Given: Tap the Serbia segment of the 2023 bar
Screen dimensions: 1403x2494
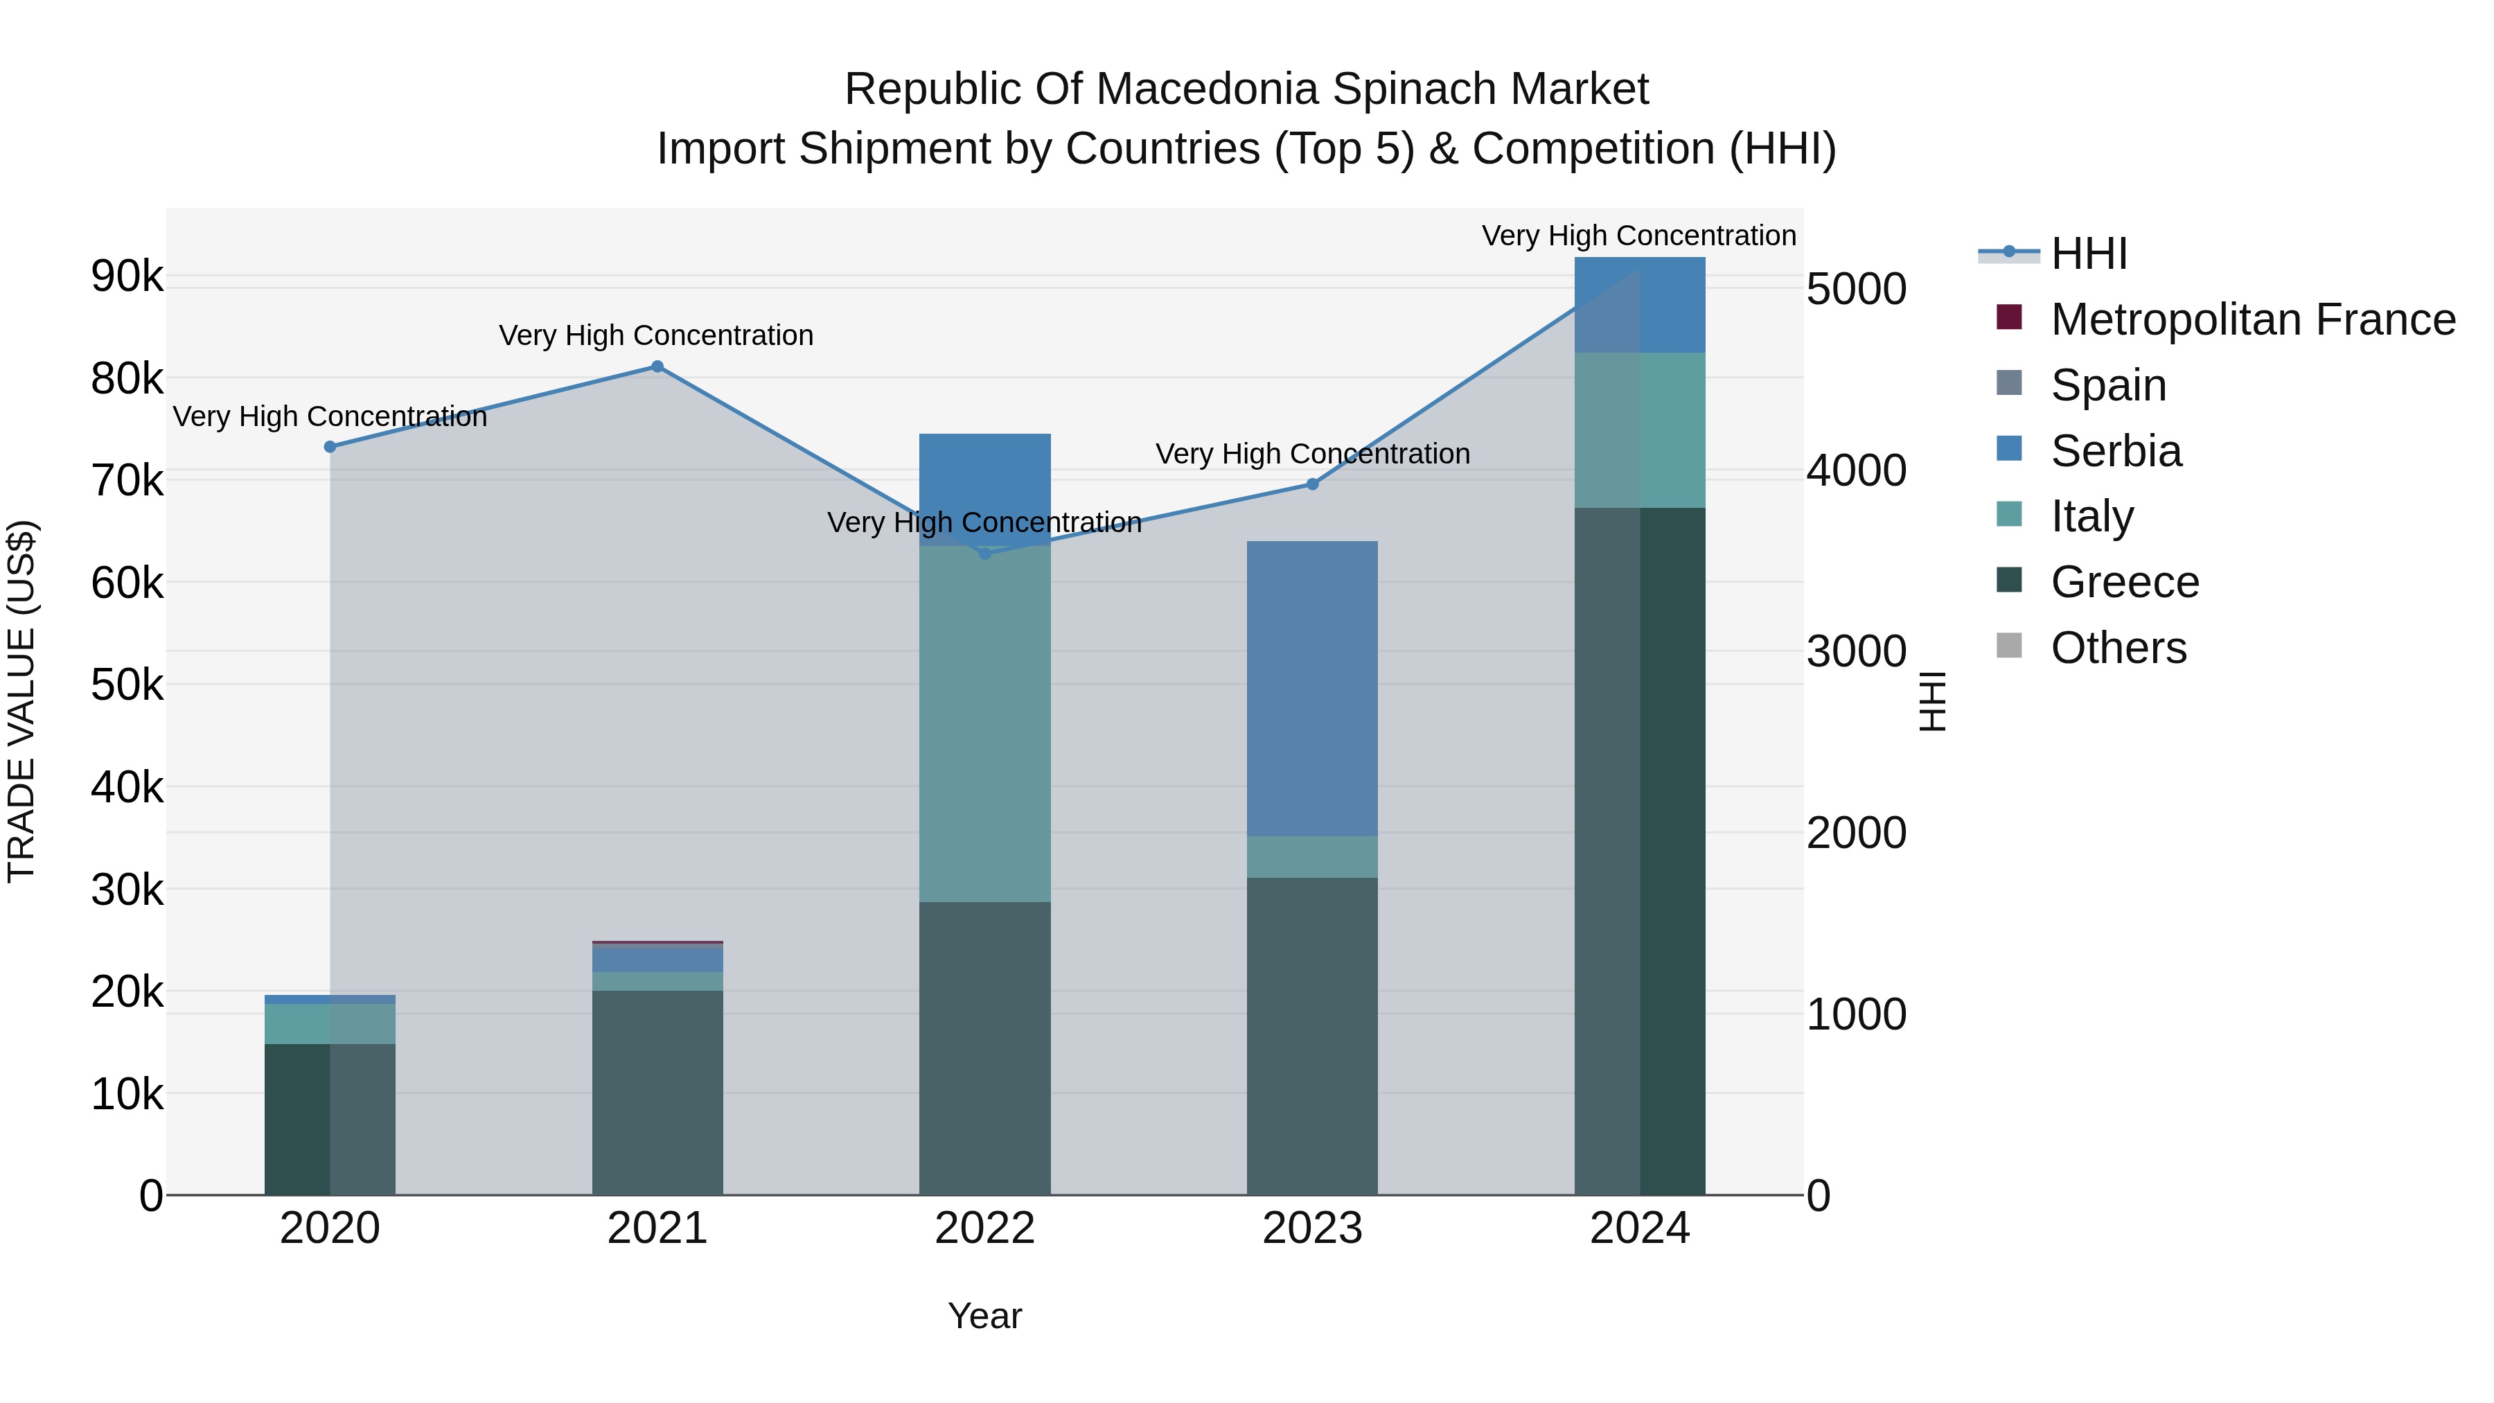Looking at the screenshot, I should (1312, 687).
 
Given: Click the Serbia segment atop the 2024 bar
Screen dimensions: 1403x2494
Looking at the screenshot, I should (1639, 305).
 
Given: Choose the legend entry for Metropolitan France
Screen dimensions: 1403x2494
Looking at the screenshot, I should (2252, 319).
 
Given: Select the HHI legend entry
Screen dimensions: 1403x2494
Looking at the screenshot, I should (2088, 254).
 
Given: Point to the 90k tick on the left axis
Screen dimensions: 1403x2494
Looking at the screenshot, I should (127, 277).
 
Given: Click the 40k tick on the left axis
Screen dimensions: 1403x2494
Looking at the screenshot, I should (127, 787).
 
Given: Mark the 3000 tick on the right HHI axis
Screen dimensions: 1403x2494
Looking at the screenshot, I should (1856, 652).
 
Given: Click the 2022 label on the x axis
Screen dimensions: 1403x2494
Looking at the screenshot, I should (984, 1228).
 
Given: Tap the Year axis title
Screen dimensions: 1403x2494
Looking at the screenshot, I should (984, 1316).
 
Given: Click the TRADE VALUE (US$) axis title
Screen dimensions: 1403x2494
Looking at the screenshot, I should (21, 701).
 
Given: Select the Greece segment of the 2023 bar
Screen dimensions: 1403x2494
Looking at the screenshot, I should (1312, 1036).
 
